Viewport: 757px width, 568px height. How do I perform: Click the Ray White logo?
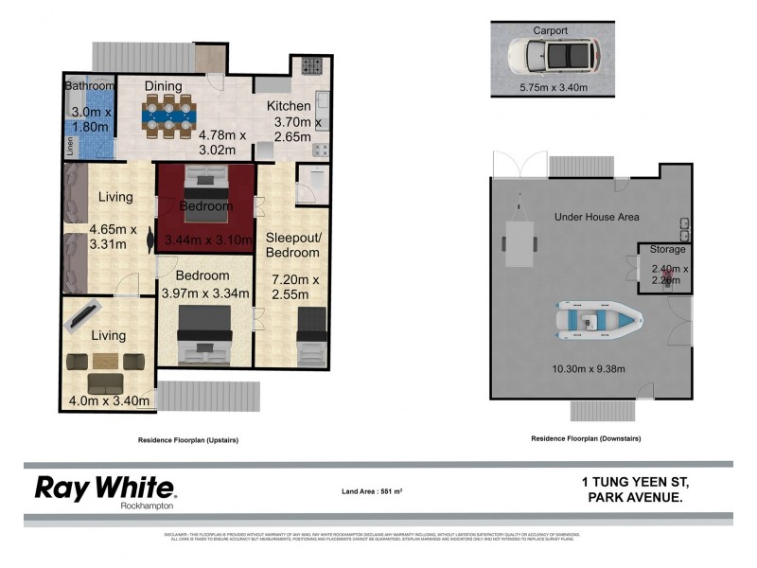105,488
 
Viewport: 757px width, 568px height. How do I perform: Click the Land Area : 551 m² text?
378,491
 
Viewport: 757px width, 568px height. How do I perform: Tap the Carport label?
550,30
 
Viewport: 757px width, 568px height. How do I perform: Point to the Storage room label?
665,250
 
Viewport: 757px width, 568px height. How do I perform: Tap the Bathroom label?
89,86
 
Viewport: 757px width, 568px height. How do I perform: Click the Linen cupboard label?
70,147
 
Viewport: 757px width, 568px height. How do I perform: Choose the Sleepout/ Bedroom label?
293,244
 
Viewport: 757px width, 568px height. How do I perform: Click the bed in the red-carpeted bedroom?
204,180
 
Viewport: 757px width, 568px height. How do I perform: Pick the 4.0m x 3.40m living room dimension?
109,400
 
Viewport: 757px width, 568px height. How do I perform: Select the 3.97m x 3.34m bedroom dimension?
205,293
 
